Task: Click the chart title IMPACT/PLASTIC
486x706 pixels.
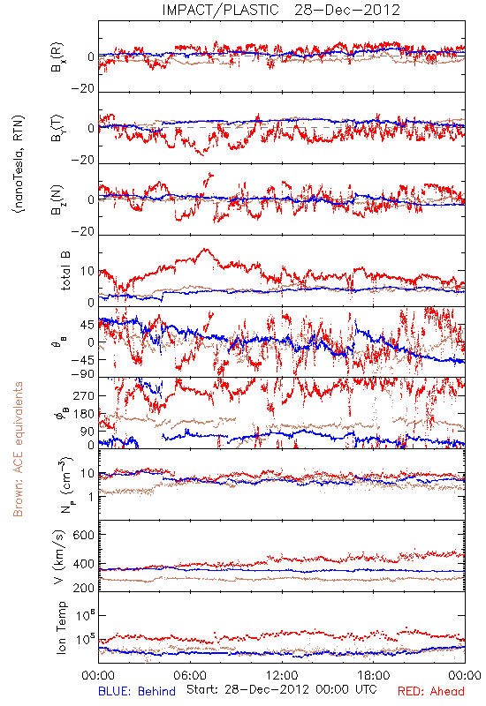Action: coord(220,10)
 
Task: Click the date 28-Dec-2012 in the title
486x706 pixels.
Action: coord(347,10)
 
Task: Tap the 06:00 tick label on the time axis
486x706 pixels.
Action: coord(190,675)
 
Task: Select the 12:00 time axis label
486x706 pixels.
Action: coord(282,675)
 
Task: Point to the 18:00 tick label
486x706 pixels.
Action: coord(374,675)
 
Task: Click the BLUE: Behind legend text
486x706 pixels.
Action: coord(137,691)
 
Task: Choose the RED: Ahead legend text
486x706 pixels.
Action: coord(430,691)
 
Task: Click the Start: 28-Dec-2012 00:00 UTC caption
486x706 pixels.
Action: coord(282,689)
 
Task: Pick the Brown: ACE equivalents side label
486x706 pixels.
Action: coord(18,449)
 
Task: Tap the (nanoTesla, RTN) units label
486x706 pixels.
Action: coord(19,163)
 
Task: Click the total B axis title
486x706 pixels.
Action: coord(65,271)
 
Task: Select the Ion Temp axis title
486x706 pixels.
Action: coord(61,627)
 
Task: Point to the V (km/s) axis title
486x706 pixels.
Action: coord(58,557)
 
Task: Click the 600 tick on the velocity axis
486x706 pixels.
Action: coord(83,535)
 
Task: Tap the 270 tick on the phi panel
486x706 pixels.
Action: coord(83,395)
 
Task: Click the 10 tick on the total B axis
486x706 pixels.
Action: coord(87,271)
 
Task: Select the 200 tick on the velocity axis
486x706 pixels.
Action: coord(83,588)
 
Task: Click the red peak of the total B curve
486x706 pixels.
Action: coord(207,249)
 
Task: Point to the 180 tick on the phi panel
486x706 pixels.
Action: coord(83,413)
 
